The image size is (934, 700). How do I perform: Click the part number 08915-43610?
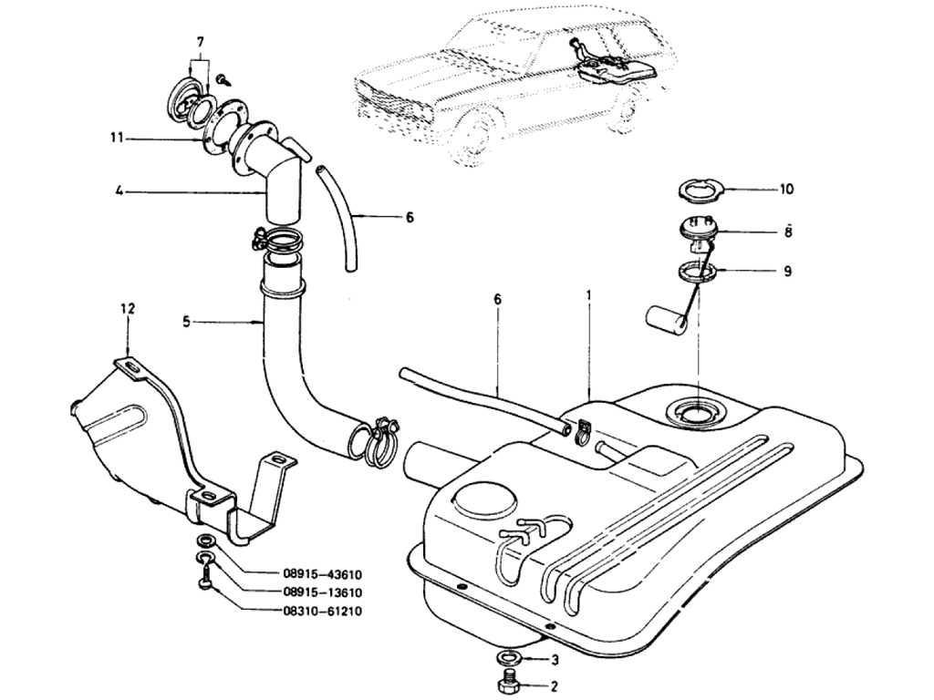(322, 575)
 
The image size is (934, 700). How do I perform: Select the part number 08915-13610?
(322, 592)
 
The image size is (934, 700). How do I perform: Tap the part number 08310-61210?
(322, 611)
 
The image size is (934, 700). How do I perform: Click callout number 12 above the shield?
(127, 309)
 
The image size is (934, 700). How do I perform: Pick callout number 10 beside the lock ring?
(786, 190)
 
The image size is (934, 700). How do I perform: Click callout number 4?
(119, 191)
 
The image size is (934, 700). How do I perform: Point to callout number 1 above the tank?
(589, 295)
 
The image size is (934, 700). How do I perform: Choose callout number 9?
(786, 271)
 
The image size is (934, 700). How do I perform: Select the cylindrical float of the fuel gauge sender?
(665, 318)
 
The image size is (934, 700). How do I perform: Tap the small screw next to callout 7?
(222, 80)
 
